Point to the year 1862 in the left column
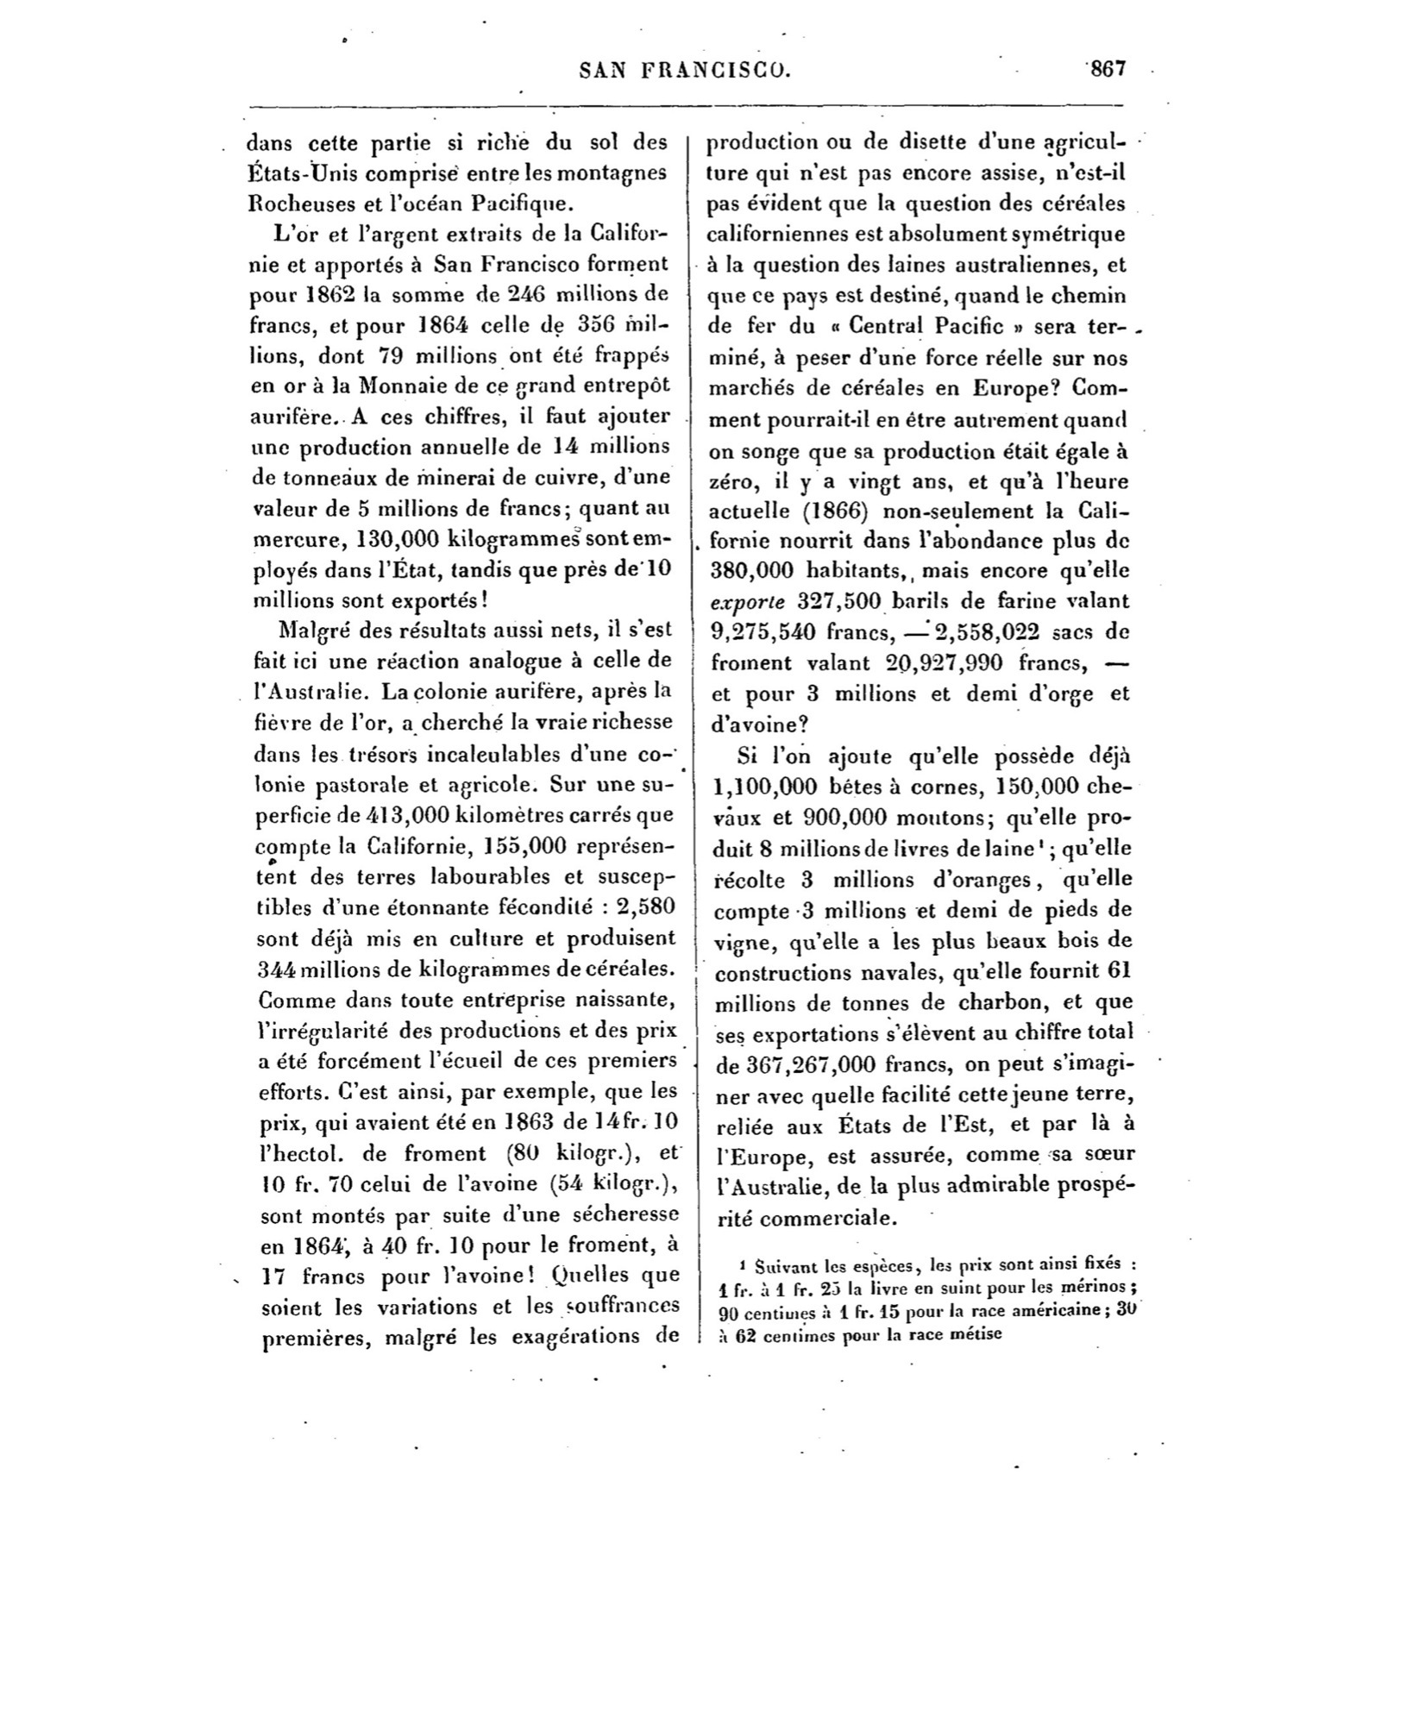(323, 293)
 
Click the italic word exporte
(746, 601)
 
